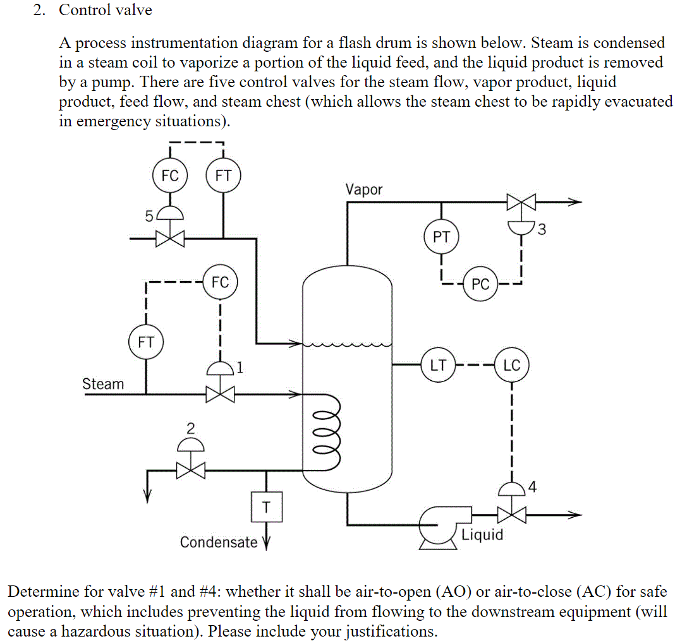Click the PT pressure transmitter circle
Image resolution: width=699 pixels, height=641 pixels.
tap(441, 237)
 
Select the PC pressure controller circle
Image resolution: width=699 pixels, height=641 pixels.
tap(480, 284)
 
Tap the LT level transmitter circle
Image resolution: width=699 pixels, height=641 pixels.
tap(438, 365)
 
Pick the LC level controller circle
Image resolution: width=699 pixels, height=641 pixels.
tap(511, 365)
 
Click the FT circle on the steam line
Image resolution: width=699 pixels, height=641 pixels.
tap(146, 342)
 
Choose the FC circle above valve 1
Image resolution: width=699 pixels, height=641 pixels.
tap(220, 282)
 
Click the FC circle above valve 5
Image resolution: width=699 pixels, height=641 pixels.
tap(170, 176)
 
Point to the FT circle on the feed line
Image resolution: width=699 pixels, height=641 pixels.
tap(223, 176)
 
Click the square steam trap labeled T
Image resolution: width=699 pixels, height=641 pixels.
tap(266, 506)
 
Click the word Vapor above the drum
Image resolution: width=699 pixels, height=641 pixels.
tap(363, 189)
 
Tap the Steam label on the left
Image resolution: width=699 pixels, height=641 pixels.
tap(103, 384)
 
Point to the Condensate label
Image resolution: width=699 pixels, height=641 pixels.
tap(219, 542)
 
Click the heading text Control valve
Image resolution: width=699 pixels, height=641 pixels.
tap(106, 10)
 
